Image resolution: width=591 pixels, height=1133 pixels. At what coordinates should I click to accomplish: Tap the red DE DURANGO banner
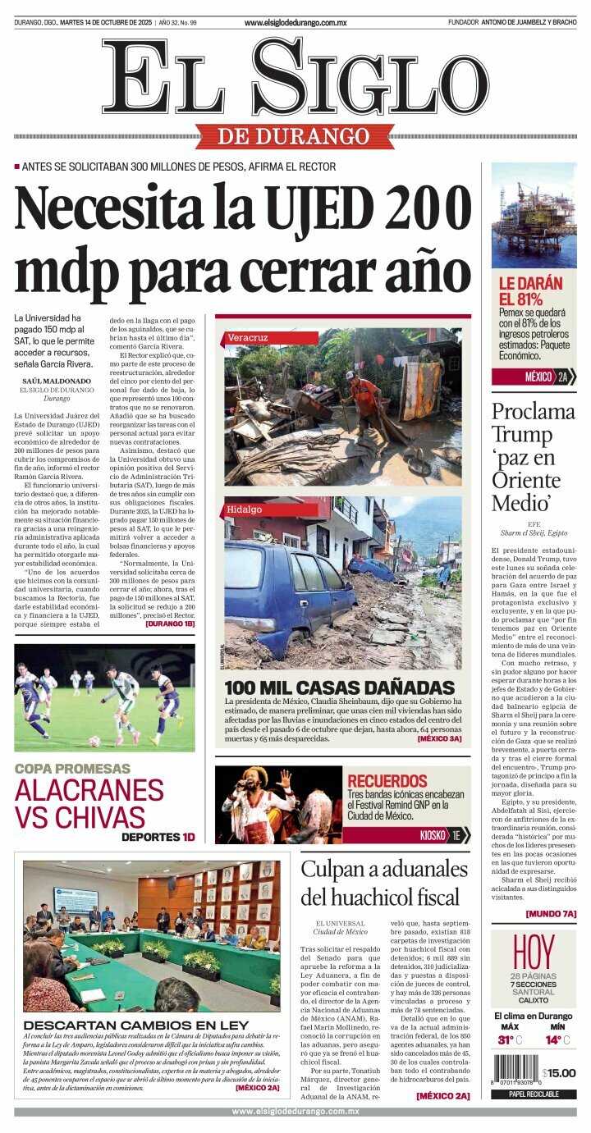295,135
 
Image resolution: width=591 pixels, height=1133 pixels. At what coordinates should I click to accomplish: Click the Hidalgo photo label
245,509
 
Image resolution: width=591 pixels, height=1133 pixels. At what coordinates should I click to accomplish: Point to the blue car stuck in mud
292,591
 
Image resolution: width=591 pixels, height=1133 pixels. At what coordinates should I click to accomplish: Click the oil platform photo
534,215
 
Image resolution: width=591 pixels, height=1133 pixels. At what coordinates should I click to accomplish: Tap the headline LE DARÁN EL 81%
531,291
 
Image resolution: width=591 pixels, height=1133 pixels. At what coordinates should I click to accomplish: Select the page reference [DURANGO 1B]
170,624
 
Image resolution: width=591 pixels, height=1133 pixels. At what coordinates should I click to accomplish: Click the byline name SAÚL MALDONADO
56,381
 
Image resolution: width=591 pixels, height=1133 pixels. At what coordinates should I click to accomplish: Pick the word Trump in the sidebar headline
521,435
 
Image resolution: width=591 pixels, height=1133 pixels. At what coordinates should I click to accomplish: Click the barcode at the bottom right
516,1072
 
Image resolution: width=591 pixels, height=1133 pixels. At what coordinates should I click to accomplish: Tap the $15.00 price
559,1073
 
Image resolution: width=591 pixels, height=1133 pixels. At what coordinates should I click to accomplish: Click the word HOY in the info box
534,952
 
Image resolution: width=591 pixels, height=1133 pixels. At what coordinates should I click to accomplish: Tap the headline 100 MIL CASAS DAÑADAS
339,688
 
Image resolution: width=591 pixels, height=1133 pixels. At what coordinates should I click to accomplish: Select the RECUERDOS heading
388,780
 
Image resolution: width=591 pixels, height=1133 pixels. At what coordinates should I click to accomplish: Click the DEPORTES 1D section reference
158,837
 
